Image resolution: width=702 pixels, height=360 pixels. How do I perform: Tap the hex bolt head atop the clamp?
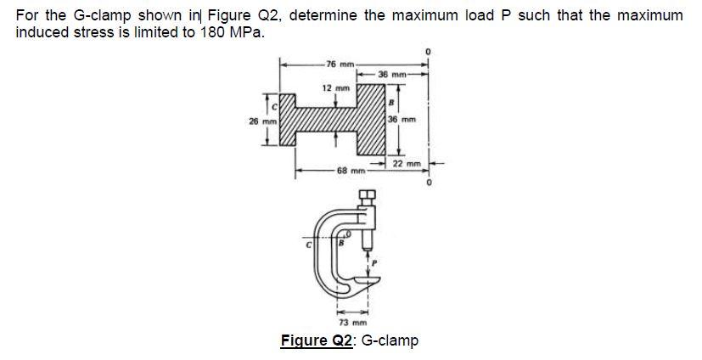(x=367, y=198)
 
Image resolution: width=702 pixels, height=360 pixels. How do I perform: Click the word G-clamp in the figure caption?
(x=390, y=341)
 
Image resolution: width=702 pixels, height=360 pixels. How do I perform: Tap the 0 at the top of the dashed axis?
(x=430, y=53)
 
